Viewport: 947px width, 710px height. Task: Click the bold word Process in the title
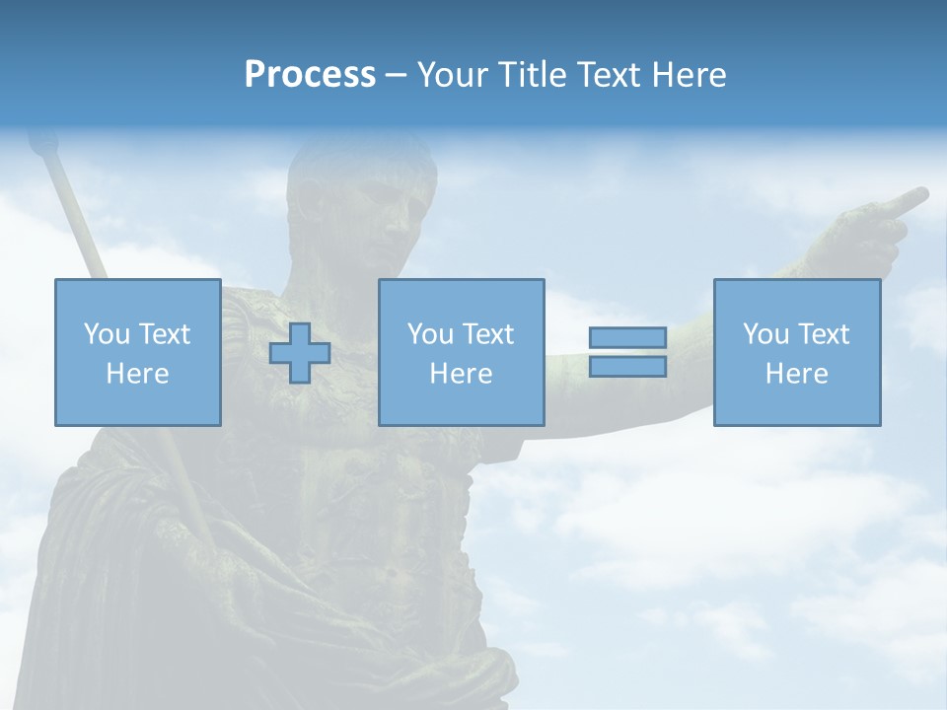coord(310,75)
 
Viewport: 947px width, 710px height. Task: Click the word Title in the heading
coord(532,75)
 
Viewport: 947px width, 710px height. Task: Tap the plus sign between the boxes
coord(300,353)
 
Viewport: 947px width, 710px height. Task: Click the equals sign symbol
coord(627,352)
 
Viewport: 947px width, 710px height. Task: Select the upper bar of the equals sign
coord(627,338)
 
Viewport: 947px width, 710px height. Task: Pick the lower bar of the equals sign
coord(627,367)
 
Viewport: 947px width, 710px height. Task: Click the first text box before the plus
coord(137,352)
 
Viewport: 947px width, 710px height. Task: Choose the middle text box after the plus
coord(461,352)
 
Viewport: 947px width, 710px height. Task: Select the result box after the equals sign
coord(796,352)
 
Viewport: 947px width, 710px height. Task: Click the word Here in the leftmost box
coord(137,374)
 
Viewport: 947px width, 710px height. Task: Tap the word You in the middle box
coord(429,334)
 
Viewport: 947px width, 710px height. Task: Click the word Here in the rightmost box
coord(796,374)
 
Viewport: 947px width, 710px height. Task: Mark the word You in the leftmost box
coord(106,334)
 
